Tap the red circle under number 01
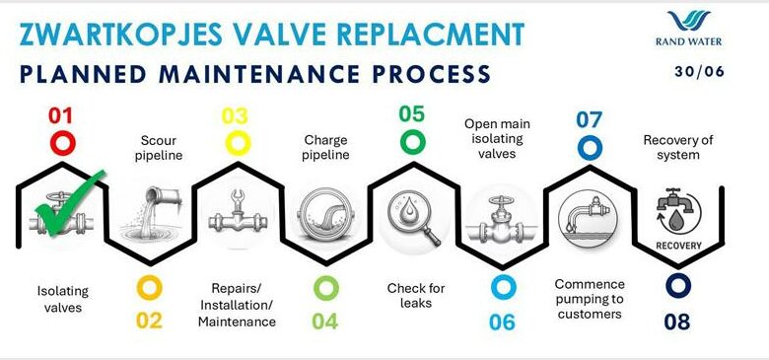click(x=62, y=143)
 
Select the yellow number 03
click(x=235, y=116)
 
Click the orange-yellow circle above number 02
click(x=149, y=288)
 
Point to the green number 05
click(x=412, y=113)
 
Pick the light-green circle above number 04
click(x=325, y=288)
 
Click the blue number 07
click(x=589, y=120)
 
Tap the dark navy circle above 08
click(x=677, y=286)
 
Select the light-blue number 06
click(x=502, y=321)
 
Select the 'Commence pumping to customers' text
click(x=588, y=299)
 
